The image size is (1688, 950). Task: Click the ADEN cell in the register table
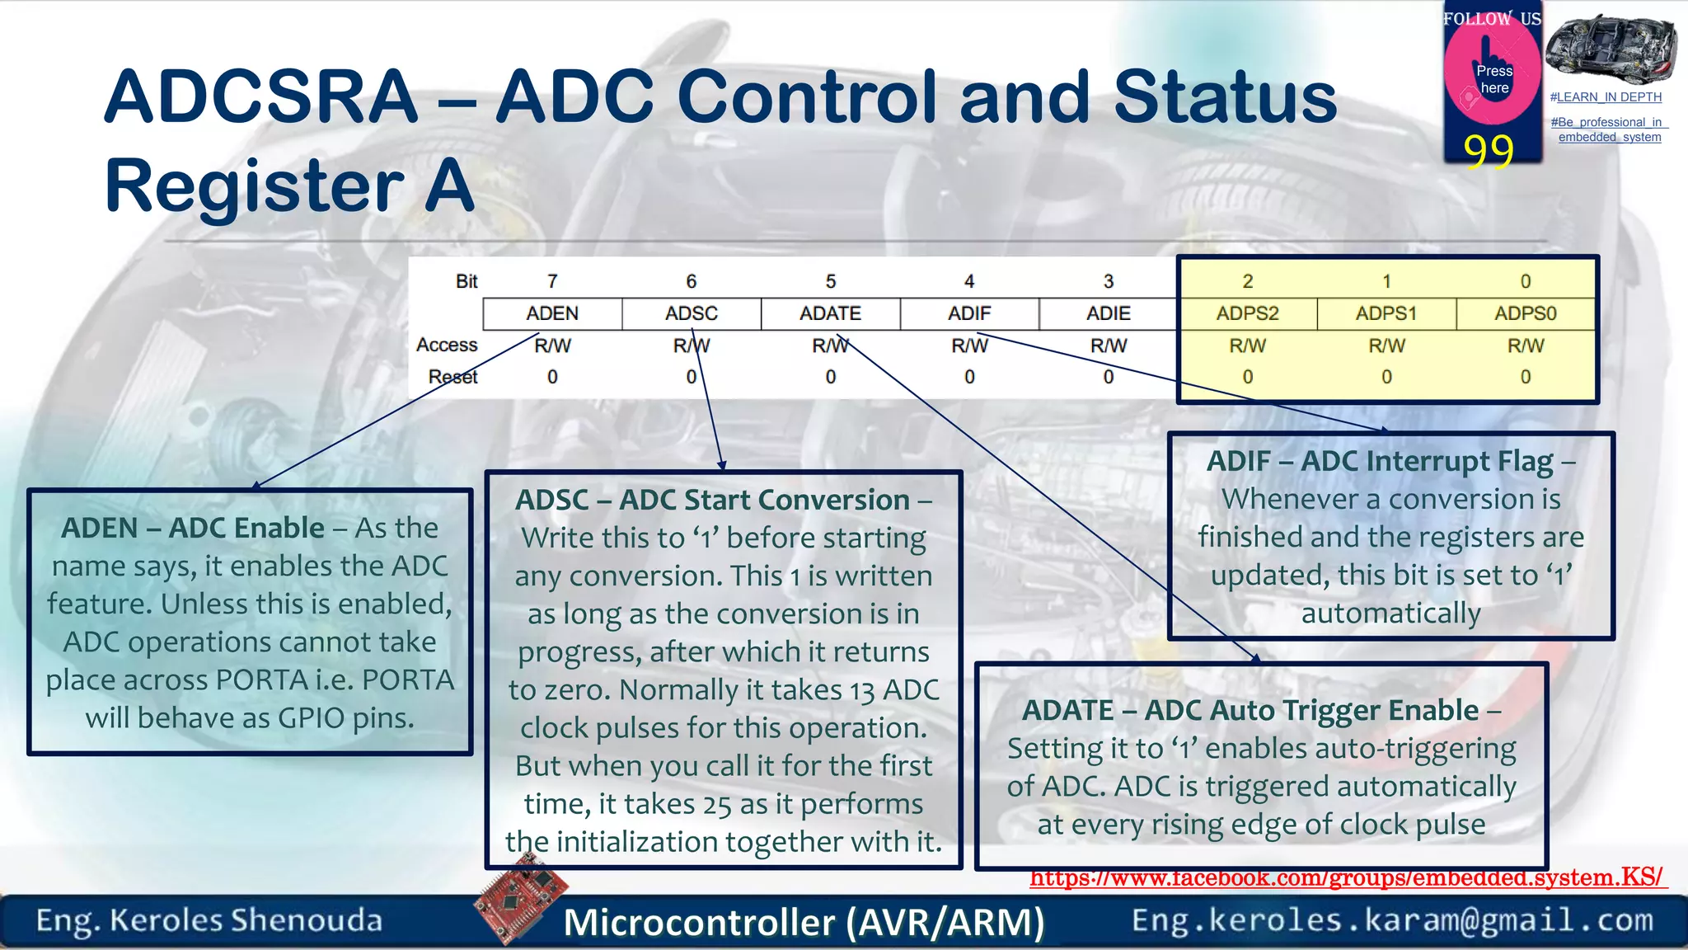point(552,313)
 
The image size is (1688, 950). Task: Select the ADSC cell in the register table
point(691,313)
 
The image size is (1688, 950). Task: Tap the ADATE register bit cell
point(830,313)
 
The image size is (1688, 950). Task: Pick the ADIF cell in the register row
point(969,313)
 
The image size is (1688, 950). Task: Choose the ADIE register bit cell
point(1109,313)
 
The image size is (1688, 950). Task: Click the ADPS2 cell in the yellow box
point(1247,313)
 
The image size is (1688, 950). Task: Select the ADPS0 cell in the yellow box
point(1525,313)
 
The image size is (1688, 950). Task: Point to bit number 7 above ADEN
point(552,281)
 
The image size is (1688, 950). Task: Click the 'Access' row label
point(447,345)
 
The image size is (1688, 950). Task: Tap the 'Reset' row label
point(452,377)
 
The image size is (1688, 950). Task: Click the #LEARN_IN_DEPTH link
point(1606,97)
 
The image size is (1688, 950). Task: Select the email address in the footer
point(1392,920)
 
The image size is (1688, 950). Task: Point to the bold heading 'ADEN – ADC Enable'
point(193,528)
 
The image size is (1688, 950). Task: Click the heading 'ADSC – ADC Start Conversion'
point(712,500)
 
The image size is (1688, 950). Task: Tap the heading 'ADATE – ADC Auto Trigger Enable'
point(1250,710)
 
